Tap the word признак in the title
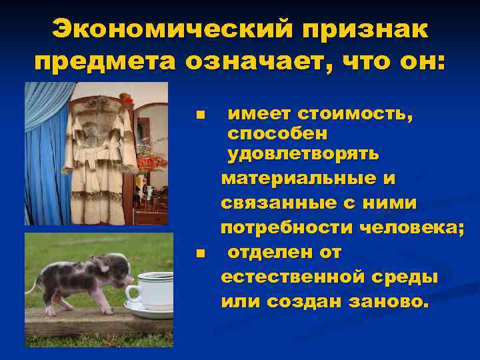[360, 30]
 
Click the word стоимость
[355, 115]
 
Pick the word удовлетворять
[303, 154]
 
